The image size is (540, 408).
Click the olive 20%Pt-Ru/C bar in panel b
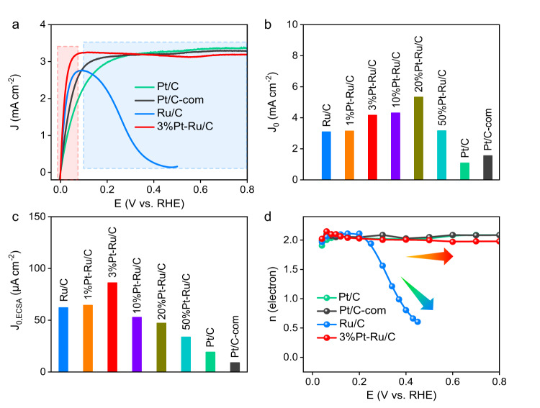coord(418,138)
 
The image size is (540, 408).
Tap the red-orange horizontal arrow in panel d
coord(430,256)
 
